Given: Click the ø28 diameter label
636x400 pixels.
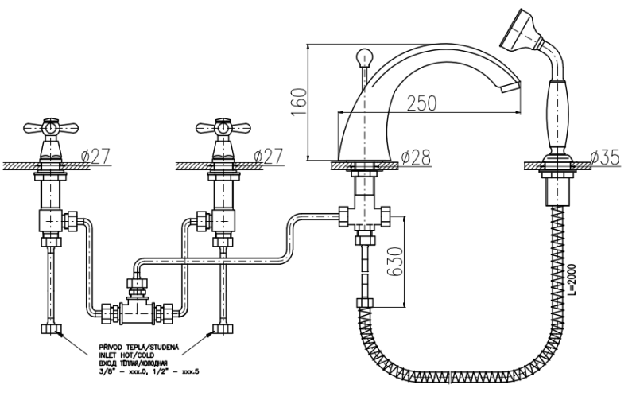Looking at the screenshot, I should coord(415,157).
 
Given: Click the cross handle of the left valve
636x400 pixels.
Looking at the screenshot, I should coord(52,127).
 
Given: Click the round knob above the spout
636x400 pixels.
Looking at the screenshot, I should coord(365,58).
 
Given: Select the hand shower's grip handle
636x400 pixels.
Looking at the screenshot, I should coord(557,115).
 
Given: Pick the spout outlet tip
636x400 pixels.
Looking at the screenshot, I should coord(514,83).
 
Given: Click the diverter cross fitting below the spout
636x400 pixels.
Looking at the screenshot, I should coord(365,216).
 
